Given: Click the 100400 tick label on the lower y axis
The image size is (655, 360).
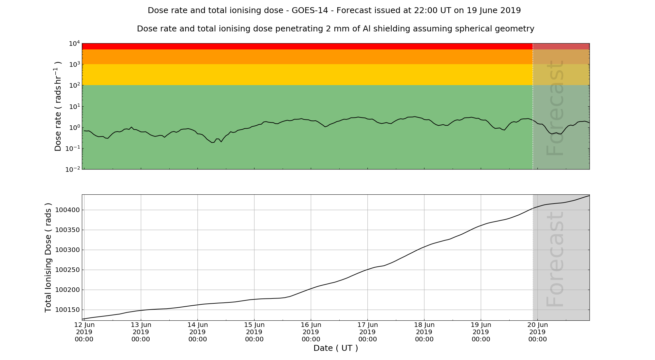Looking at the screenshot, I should (67, 210).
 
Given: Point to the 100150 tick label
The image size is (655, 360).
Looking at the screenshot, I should (67, 310).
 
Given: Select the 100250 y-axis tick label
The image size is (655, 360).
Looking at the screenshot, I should (67, 270).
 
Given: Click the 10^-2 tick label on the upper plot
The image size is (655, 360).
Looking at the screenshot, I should (73, 170).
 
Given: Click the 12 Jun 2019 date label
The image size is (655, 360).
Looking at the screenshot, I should (84, 332).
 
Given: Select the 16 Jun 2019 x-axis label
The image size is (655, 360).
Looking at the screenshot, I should (311, 332).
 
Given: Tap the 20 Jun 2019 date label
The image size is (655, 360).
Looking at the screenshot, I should (537, 332).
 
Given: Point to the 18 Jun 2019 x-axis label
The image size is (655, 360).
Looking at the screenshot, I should (424, 332).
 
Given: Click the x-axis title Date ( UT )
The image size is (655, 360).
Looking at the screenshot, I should (336, 348).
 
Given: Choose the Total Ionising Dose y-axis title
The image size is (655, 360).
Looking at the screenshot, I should (48, 258).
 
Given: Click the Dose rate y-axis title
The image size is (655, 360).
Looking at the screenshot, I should (58, 106).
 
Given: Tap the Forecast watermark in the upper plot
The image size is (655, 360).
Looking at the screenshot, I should (555, 108).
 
